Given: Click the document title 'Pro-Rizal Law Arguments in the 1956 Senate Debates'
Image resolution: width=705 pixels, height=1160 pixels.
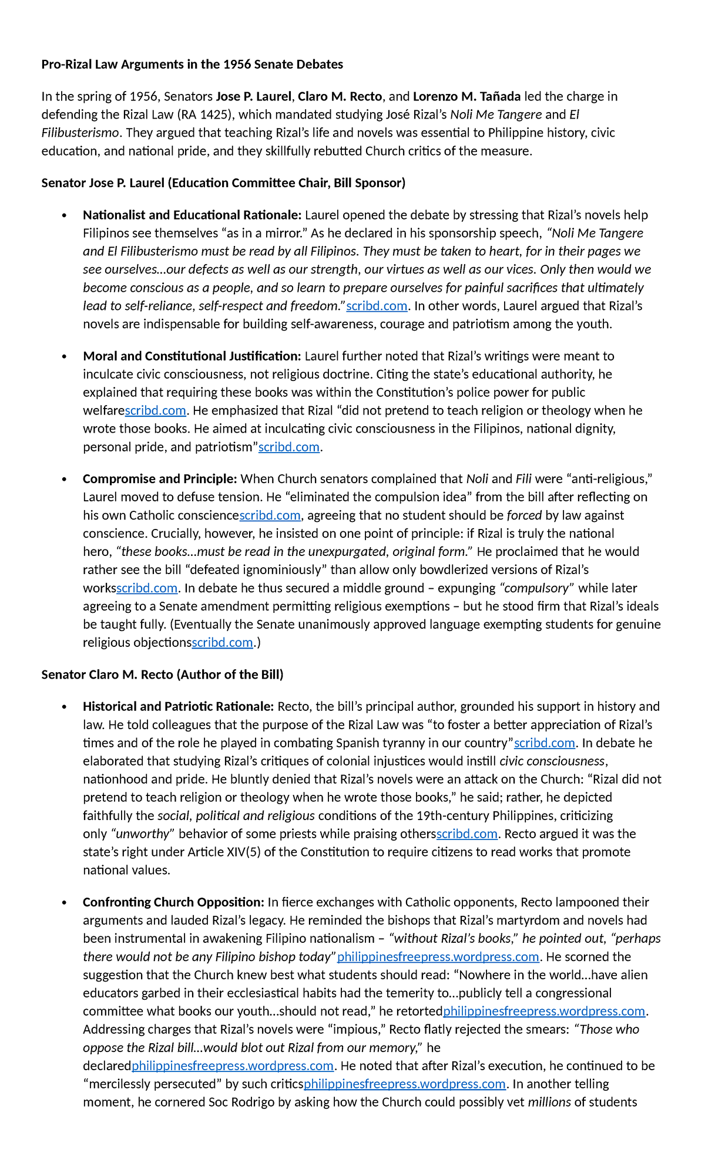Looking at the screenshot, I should click(x=192, y=65).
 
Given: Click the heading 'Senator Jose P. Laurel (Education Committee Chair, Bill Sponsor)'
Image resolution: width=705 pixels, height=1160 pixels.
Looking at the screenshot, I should click(x=223, y=183).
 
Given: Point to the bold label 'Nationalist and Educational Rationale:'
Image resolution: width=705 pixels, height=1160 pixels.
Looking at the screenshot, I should click(x=192, y=215).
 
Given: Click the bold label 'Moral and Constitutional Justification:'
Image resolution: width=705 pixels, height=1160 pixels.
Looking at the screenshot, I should click(x=192, y=356).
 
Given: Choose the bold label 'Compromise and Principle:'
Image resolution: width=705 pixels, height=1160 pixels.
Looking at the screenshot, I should click(x=160, y=479).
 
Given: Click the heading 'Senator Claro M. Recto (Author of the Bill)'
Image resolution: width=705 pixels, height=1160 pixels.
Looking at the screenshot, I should click(x=162, y=675).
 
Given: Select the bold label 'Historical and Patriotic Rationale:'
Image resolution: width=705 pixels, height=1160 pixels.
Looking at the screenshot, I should click(x=179, y=707).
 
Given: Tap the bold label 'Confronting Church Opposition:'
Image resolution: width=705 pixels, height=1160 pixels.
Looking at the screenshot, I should click(x=173, y=902).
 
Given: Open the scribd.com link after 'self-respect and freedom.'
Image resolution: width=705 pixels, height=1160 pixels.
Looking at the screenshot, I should click(x=377, y=306).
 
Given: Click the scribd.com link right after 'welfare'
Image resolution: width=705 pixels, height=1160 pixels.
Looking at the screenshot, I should click(x=156, y=411).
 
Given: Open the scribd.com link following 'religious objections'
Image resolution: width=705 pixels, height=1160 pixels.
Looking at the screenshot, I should click(x=223, y=643).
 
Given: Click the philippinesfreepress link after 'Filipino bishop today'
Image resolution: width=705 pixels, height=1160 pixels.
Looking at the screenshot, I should click(x=438, y=957).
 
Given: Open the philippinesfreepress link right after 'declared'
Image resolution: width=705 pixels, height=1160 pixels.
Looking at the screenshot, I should click(x=233, y=1066).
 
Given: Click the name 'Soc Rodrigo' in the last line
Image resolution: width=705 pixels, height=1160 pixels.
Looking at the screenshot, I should click(x=241, y=1102).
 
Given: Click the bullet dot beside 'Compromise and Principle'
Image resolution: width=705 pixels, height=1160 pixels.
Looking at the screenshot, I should click(x=65, y=480).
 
